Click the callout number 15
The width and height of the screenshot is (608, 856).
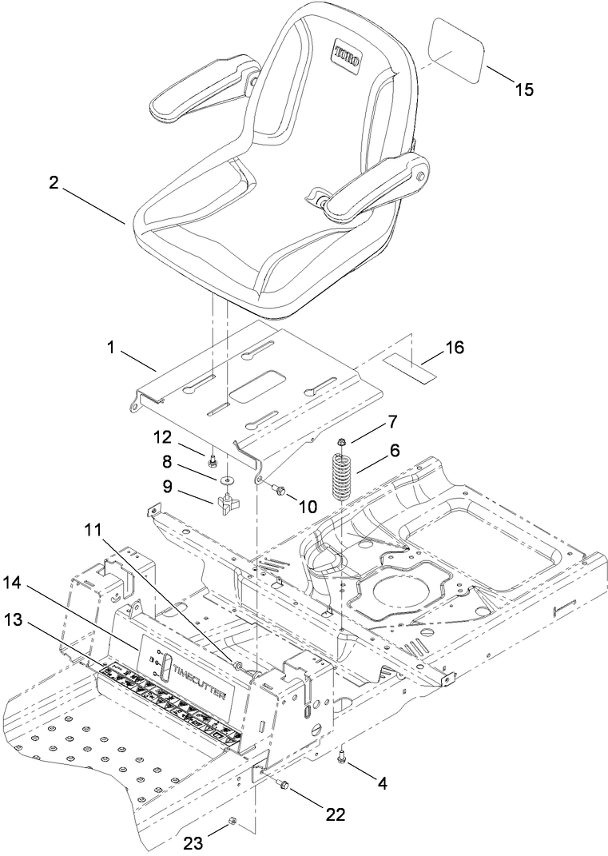(523, 89)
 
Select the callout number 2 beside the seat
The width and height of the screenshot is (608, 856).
(54, 182)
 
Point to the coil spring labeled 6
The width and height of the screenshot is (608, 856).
(341, 478)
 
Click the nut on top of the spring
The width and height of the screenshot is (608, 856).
(341, 441)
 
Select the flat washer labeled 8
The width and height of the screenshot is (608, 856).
(228, 480)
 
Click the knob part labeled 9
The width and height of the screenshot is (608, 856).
(226, 504)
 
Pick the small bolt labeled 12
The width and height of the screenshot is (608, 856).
(213, 461)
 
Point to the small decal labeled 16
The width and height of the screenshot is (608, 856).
(411, 368)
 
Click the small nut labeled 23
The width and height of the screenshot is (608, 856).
(231, 822)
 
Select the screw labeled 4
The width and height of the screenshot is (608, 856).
(343, 754)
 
